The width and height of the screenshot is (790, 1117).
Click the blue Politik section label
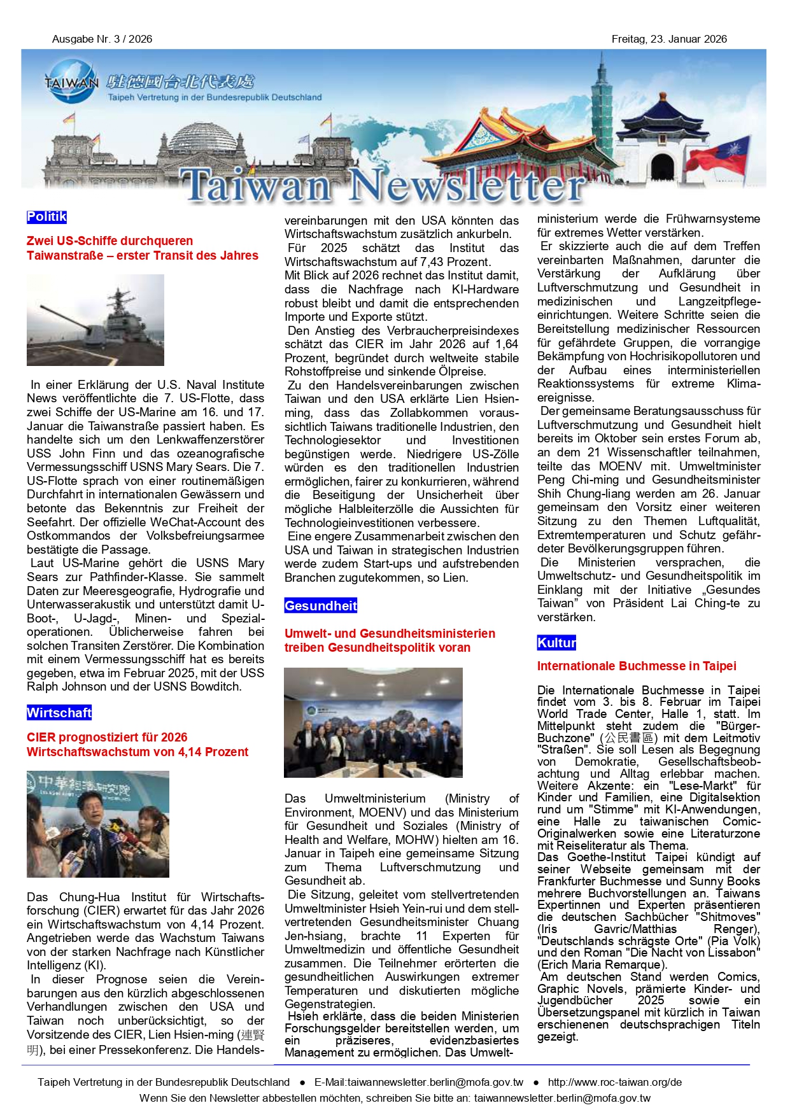[46, 217]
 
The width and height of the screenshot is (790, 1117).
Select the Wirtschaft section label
[59, 713]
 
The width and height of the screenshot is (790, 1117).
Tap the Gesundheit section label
[321, 606]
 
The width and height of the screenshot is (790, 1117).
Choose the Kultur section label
[556, 643]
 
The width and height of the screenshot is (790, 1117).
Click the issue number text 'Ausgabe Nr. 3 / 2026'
[102, 39]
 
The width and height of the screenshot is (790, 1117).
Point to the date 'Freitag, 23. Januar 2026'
[669, 39]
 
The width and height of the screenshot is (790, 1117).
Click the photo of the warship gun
[95, 320]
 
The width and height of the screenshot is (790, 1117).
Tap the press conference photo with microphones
[98, 824]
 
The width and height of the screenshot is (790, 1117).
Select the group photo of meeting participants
[373, 722]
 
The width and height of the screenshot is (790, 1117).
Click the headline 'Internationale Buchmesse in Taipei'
[637, 666]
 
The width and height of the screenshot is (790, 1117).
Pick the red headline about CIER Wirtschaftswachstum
[138, 745]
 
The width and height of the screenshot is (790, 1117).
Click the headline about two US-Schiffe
[143, 248]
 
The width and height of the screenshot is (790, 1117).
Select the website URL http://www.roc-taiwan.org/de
[615, 1082]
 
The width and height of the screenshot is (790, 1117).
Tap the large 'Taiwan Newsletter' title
[383, 186]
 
